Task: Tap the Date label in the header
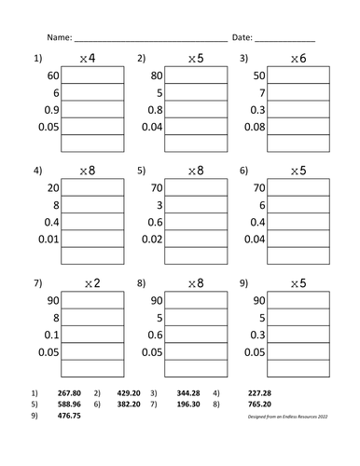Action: [241, 38]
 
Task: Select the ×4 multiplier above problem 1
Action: [88, 60]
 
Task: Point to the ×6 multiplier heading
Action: [297, 60]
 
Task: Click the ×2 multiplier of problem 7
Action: [88, 282]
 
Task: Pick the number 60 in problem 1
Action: [51, 75]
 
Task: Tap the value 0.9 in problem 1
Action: [49, 109]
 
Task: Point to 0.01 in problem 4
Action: [47, 238]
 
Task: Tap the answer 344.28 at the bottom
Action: [189, 394]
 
